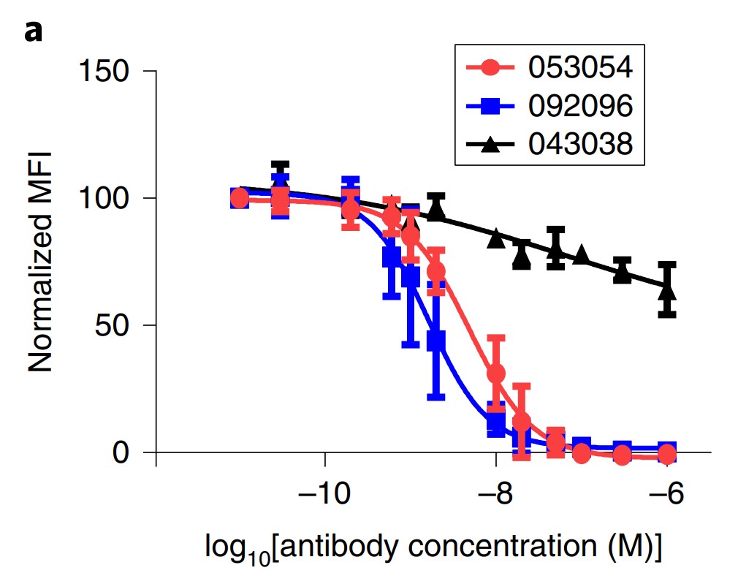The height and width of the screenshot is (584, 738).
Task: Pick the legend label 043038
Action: (580, 144)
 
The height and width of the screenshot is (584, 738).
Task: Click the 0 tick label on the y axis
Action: (129, 452)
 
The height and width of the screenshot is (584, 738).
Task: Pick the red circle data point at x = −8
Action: (496, 373)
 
